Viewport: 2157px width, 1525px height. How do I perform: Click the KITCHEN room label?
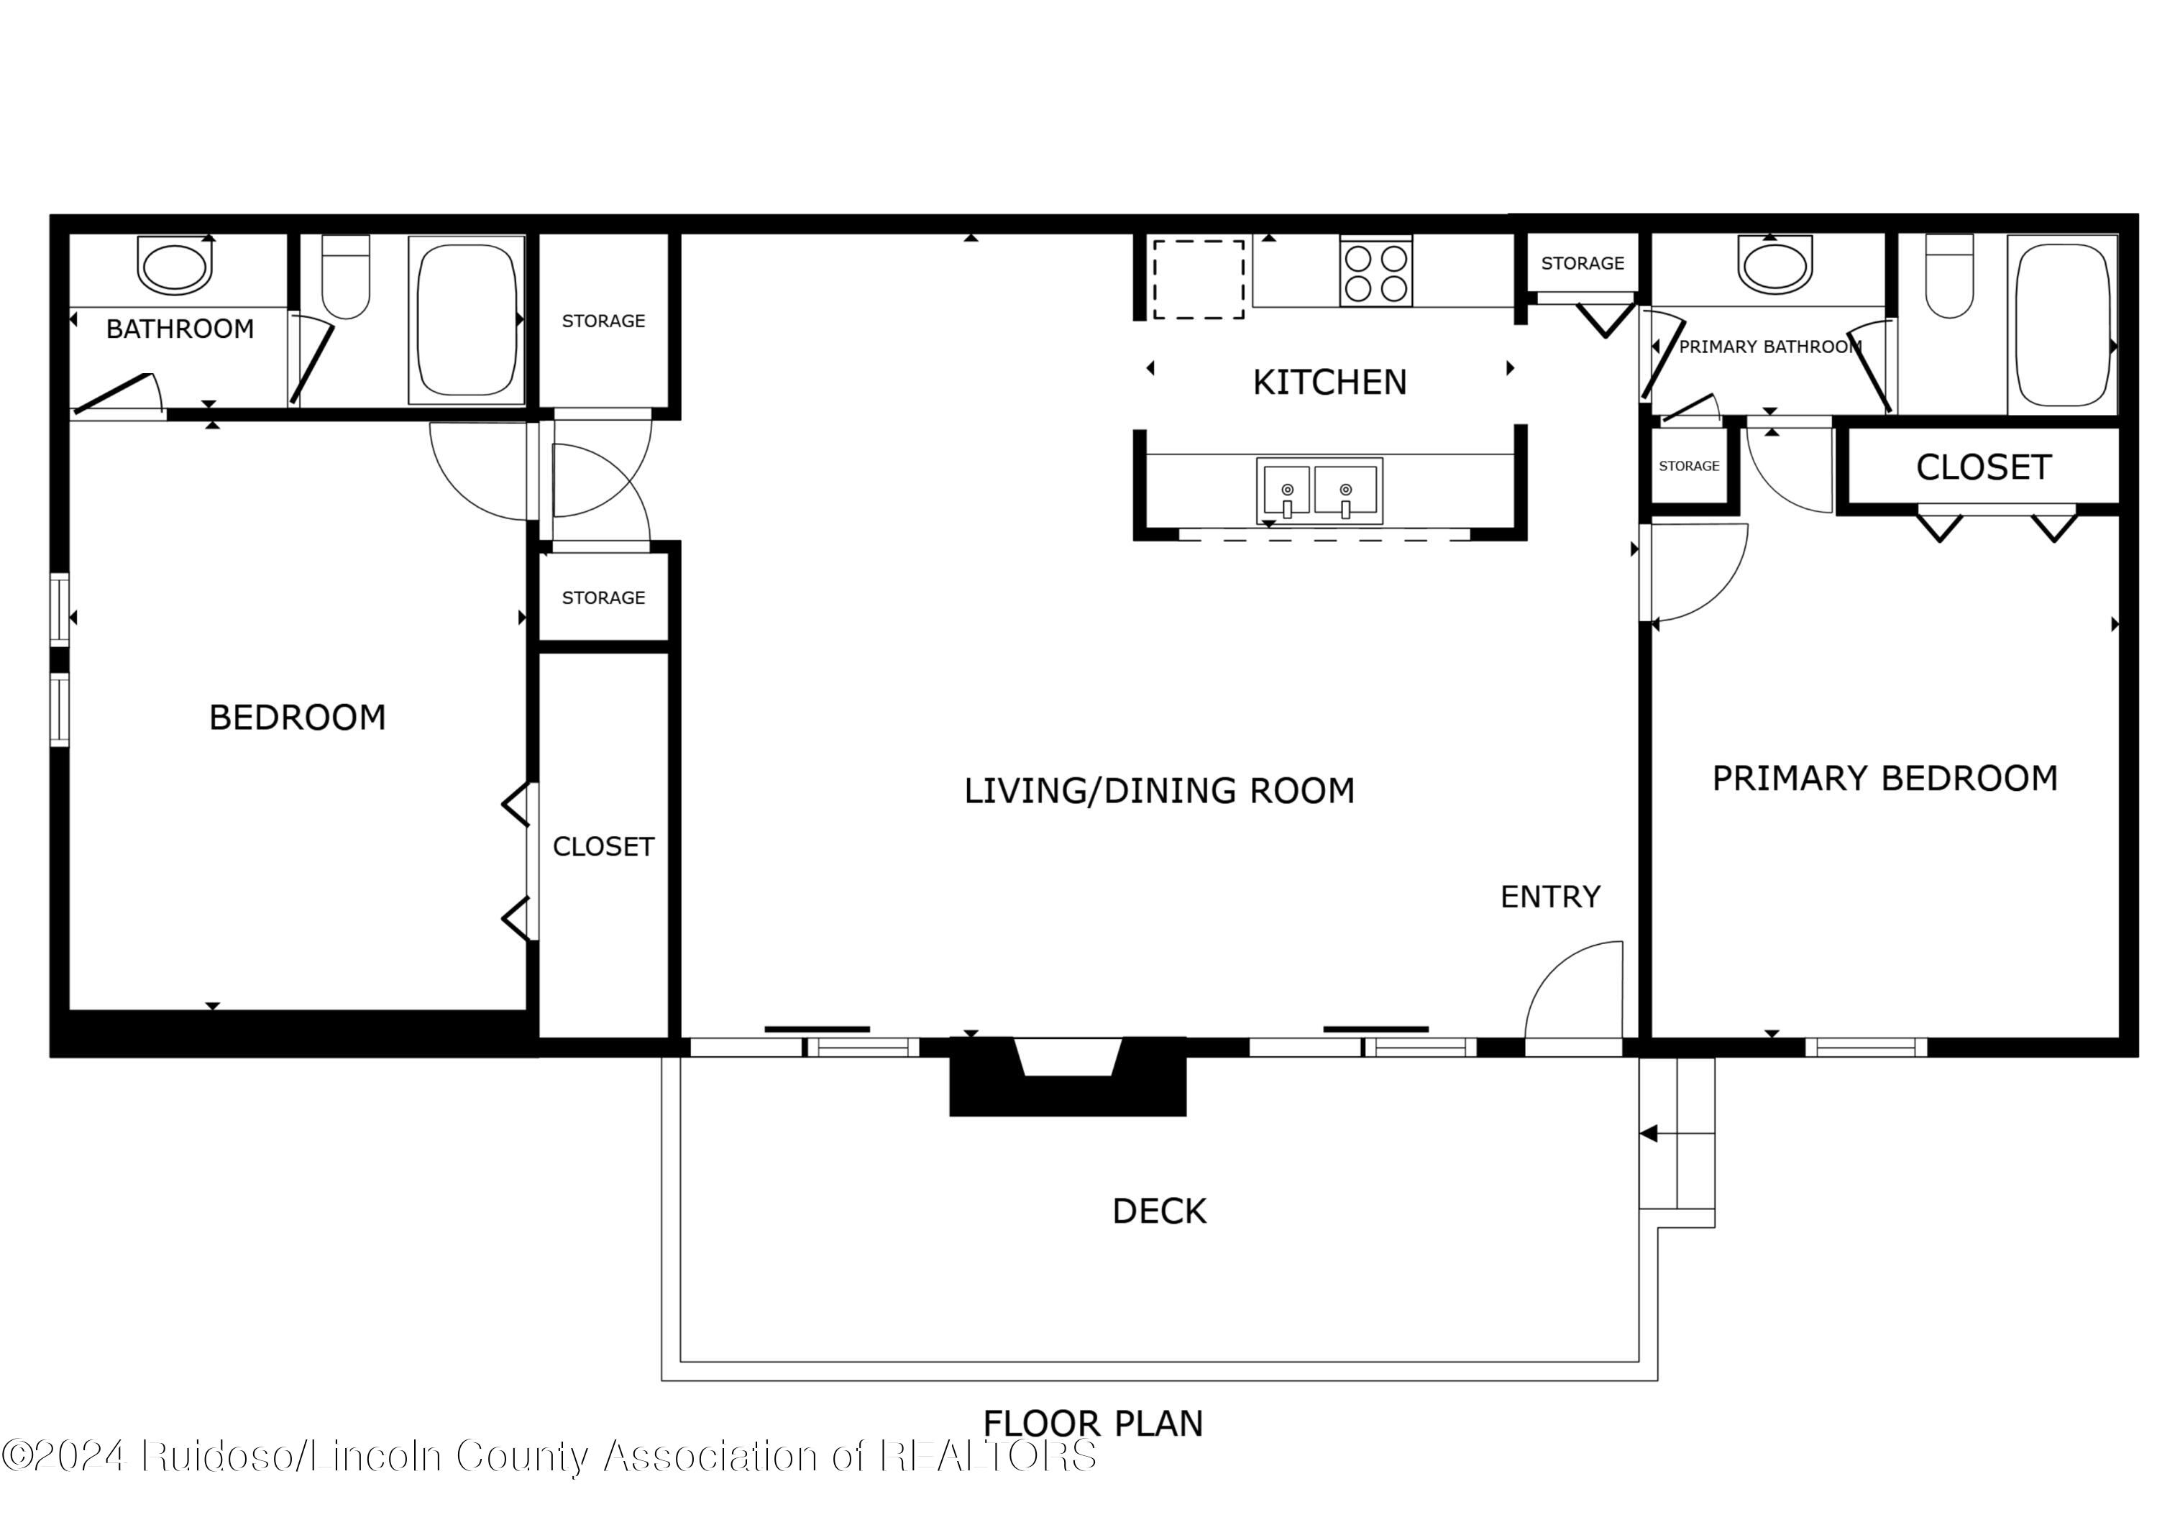tap(1329, 383)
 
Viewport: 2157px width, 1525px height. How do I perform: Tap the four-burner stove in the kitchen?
tap(1375, 273)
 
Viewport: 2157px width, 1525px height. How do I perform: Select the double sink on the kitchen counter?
tap(1319, 490)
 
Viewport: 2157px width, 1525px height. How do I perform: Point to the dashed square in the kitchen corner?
tap(1199, 279)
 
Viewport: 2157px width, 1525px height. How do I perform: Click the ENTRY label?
tap(1550, 897)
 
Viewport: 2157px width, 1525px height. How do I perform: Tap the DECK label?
tap(1158, 1212)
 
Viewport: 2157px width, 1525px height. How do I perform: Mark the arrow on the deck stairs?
tap(1649, 1134)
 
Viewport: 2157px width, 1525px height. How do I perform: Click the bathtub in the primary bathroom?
tap(2062, 324)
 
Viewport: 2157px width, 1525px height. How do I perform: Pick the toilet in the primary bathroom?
tap(1949, 278)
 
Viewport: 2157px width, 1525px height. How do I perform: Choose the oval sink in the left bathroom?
tap(174, 265)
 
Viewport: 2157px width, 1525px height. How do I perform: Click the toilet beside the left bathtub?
tap(346, 278)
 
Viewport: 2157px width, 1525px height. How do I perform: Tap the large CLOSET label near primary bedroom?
tap(1983, 467)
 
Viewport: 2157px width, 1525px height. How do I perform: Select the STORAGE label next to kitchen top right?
tap(1582, 263)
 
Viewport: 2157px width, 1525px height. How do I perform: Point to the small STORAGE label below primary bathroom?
tap(1688, 466)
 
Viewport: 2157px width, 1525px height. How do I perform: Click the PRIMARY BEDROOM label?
tap(1884, 778)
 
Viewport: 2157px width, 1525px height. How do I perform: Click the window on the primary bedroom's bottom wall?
tap(1866, 1047)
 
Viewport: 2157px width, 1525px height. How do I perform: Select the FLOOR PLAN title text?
tap(1093, 1424)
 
